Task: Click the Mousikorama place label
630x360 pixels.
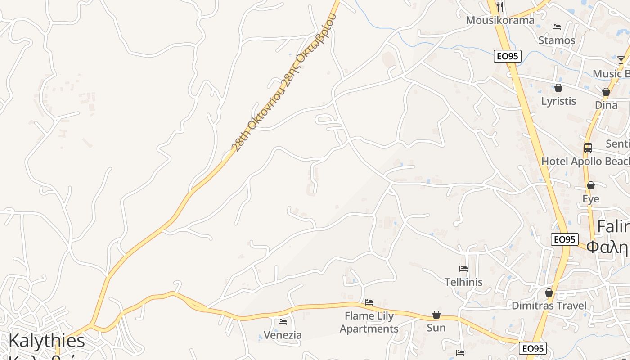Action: coord(500,20)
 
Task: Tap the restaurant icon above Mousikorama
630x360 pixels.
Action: coord(500,6)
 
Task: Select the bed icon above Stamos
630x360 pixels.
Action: coord(557,27)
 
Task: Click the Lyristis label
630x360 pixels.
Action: coord(558,101)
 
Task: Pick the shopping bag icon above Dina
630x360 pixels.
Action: coord(606,92)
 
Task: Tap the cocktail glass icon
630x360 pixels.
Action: coord(621,60)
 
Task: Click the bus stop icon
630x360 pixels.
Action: coord(588,148)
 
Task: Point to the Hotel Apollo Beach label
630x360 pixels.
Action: coord(585,161)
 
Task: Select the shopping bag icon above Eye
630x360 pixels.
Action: coord(591,185)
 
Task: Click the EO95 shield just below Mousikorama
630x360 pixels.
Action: coord(508,56)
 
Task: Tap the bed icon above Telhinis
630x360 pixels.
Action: coord(463,269)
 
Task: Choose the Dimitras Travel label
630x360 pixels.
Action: coord(549,306)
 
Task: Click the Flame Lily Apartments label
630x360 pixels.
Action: coord(369,322)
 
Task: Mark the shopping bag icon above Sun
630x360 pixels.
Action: coord(436,315)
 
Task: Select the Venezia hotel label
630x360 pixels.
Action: coord(283,335)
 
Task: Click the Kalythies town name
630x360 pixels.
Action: coord(47,341)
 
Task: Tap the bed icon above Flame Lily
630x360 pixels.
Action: coord(369,302)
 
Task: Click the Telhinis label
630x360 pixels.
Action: coord(463,282)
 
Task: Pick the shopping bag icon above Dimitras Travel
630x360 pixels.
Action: coord(549,293)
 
